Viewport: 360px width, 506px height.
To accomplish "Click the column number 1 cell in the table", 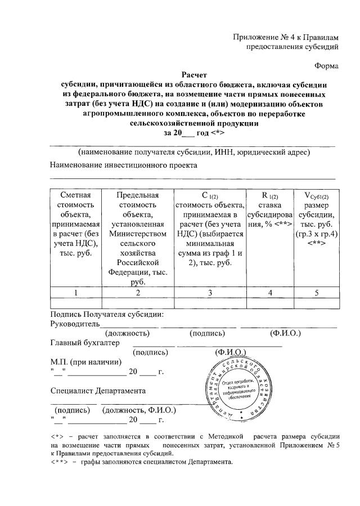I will pos(76,292).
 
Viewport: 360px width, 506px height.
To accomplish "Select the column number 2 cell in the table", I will pos(137,292).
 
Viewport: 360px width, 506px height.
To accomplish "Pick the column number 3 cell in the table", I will pos(209,292).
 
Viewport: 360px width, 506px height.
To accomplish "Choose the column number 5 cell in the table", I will pos(316,292).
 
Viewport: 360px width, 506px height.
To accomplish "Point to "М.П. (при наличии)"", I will pos(86,361).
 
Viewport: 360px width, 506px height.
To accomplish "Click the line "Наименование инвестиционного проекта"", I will pos(124,165).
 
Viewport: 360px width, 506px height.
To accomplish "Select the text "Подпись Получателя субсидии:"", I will pos(107,315).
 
